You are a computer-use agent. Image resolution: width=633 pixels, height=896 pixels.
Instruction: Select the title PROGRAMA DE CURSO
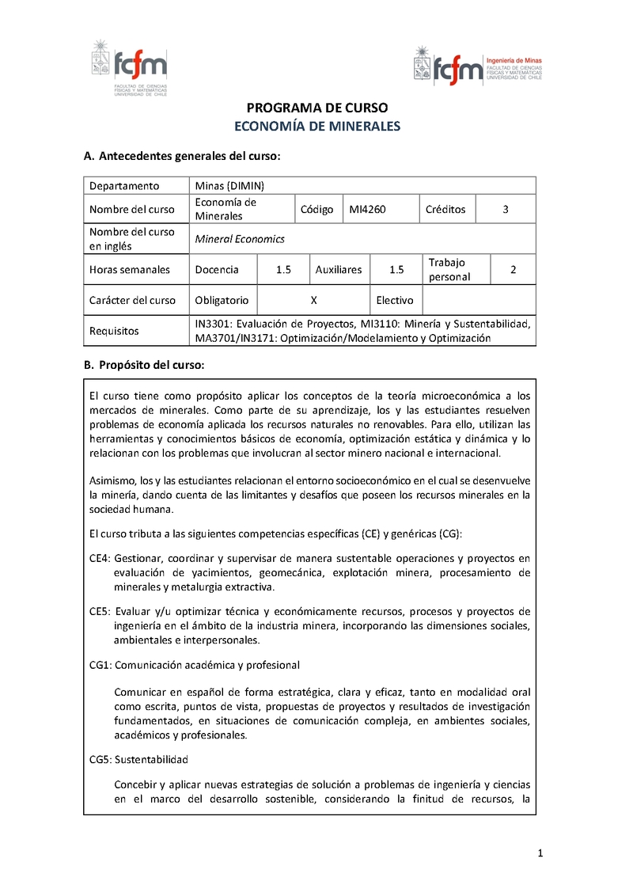[317, 108]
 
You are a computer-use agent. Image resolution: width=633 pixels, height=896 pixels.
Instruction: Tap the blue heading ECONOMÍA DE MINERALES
[317, 126]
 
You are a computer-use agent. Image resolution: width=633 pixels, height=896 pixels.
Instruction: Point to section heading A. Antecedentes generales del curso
[183, 157]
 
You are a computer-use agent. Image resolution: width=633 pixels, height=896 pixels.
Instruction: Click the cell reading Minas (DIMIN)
[229, 186]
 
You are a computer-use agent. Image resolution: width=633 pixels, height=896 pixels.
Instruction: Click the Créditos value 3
[505, 209]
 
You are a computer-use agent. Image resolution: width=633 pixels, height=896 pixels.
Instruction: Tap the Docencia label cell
[217, 269]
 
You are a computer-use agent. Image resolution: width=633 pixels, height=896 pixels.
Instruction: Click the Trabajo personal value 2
[513, 269]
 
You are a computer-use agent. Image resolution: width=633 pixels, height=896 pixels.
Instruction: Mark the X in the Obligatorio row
[314, 300]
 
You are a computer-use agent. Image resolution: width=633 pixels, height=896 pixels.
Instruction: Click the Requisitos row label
[114, 330]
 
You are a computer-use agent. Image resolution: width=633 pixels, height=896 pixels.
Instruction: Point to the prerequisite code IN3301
[213, 323]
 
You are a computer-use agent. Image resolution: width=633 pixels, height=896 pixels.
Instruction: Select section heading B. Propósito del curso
[144, 365]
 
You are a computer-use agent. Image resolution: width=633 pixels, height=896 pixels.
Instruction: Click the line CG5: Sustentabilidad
[138, 760]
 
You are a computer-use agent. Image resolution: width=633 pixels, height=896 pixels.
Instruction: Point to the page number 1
[540, 853]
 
